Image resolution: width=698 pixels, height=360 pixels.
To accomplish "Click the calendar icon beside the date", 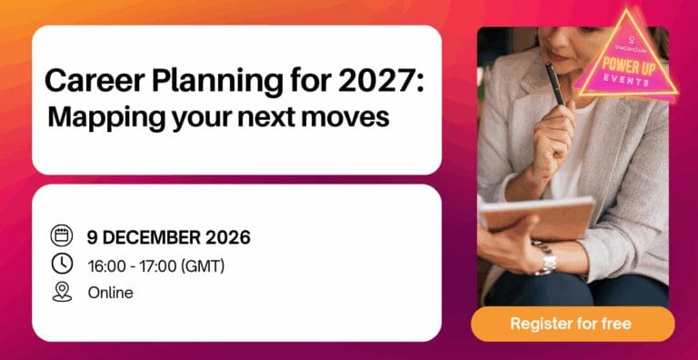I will click(x=62, y=236).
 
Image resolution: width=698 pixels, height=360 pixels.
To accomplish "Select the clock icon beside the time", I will click(x=62, y=264).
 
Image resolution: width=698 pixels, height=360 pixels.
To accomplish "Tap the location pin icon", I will click(x=62, y=292).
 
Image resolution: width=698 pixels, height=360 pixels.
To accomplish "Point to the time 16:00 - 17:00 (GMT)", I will click(x=155, y=265).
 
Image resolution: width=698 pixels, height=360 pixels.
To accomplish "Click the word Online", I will click(x=110, y=293).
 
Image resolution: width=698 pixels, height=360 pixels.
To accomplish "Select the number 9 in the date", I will click(x=92, y=237).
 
